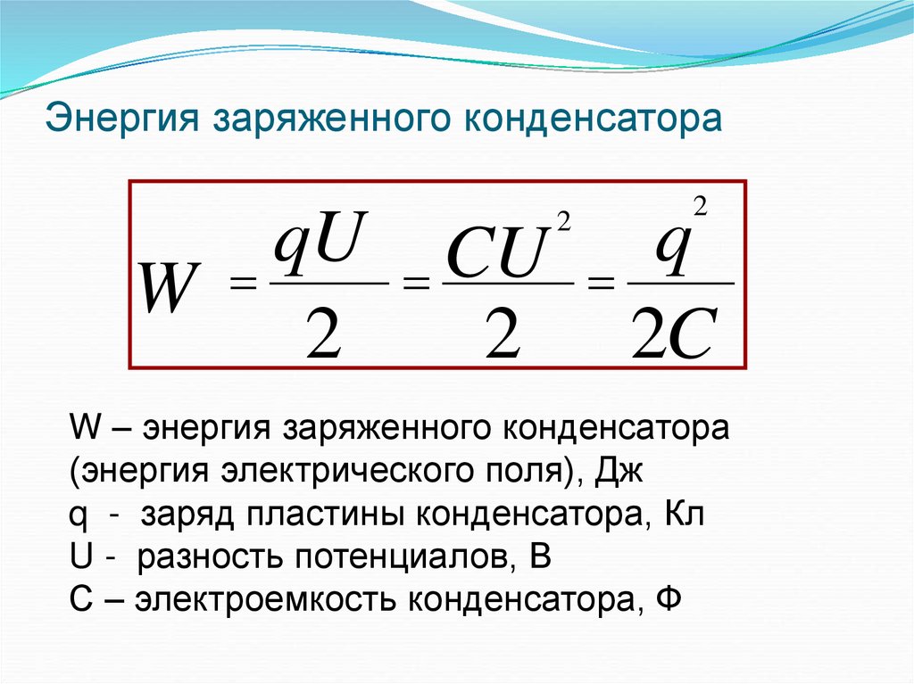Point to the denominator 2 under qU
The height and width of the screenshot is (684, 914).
coord(326,332)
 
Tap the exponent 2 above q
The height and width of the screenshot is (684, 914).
coord(700,207)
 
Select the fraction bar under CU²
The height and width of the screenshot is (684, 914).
coord(507,284)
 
